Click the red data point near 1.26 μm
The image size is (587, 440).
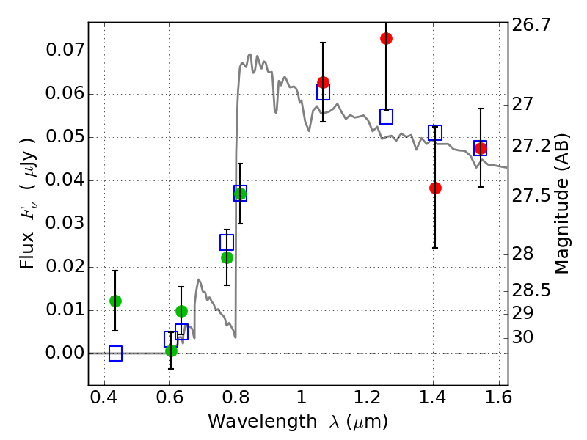point(386,38)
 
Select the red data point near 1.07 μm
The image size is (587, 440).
point(323,82)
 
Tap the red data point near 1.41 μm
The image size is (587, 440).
point(435,188)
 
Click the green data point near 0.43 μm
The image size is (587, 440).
point(115,301)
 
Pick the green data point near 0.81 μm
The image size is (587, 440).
point(240,193)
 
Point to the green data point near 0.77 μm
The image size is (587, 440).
point(227,257)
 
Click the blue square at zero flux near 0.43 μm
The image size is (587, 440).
point(115,353)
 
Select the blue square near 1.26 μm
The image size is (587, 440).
point(386,117)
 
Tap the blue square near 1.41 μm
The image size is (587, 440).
point(435,133)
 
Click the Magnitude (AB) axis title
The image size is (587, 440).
point(562,203)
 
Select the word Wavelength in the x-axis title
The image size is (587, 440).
point(249,422)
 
